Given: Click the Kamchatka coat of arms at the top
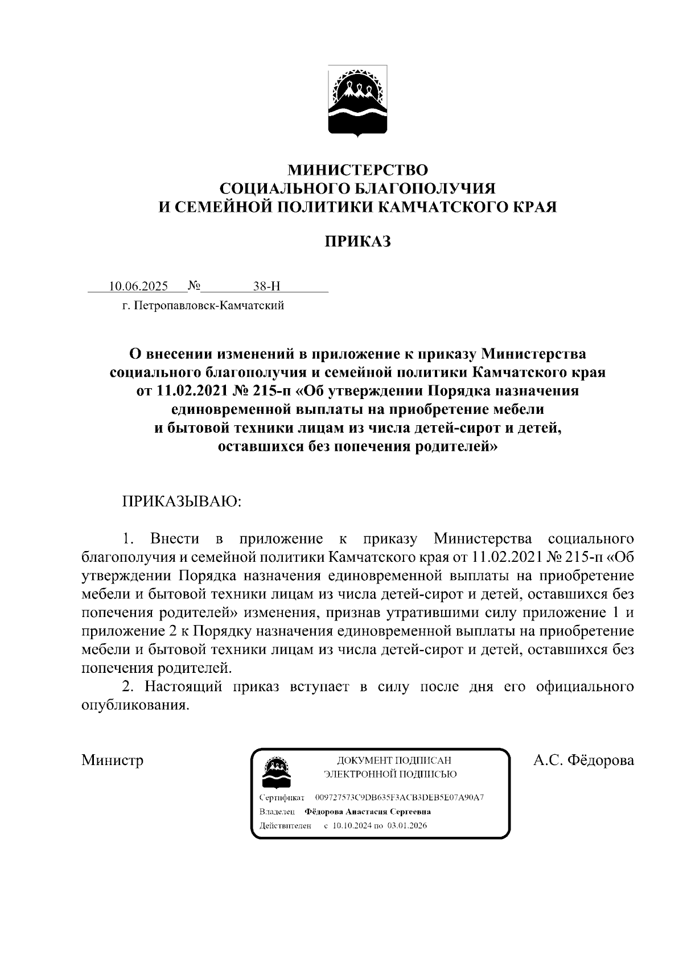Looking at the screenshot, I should (x=357, y=101).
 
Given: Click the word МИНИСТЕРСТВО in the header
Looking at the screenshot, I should (x=357, y=169).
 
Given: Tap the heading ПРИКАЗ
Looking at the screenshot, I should (x=357, y=241).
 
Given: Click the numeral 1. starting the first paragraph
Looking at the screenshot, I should (x=128, y=539).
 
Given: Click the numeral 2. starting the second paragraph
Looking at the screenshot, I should (x=128, y=686).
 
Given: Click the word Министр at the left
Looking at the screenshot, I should (x=112, y=760).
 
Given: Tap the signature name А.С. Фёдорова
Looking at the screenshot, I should (x=583, y=760).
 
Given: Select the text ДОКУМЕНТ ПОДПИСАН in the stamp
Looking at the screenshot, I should (x=394, y=760).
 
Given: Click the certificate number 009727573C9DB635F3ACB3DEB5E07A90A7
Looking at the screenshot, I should (x=399, y=798).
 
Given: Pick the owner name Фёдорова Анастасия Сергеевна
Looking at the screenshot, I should (x=368, y=812).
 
